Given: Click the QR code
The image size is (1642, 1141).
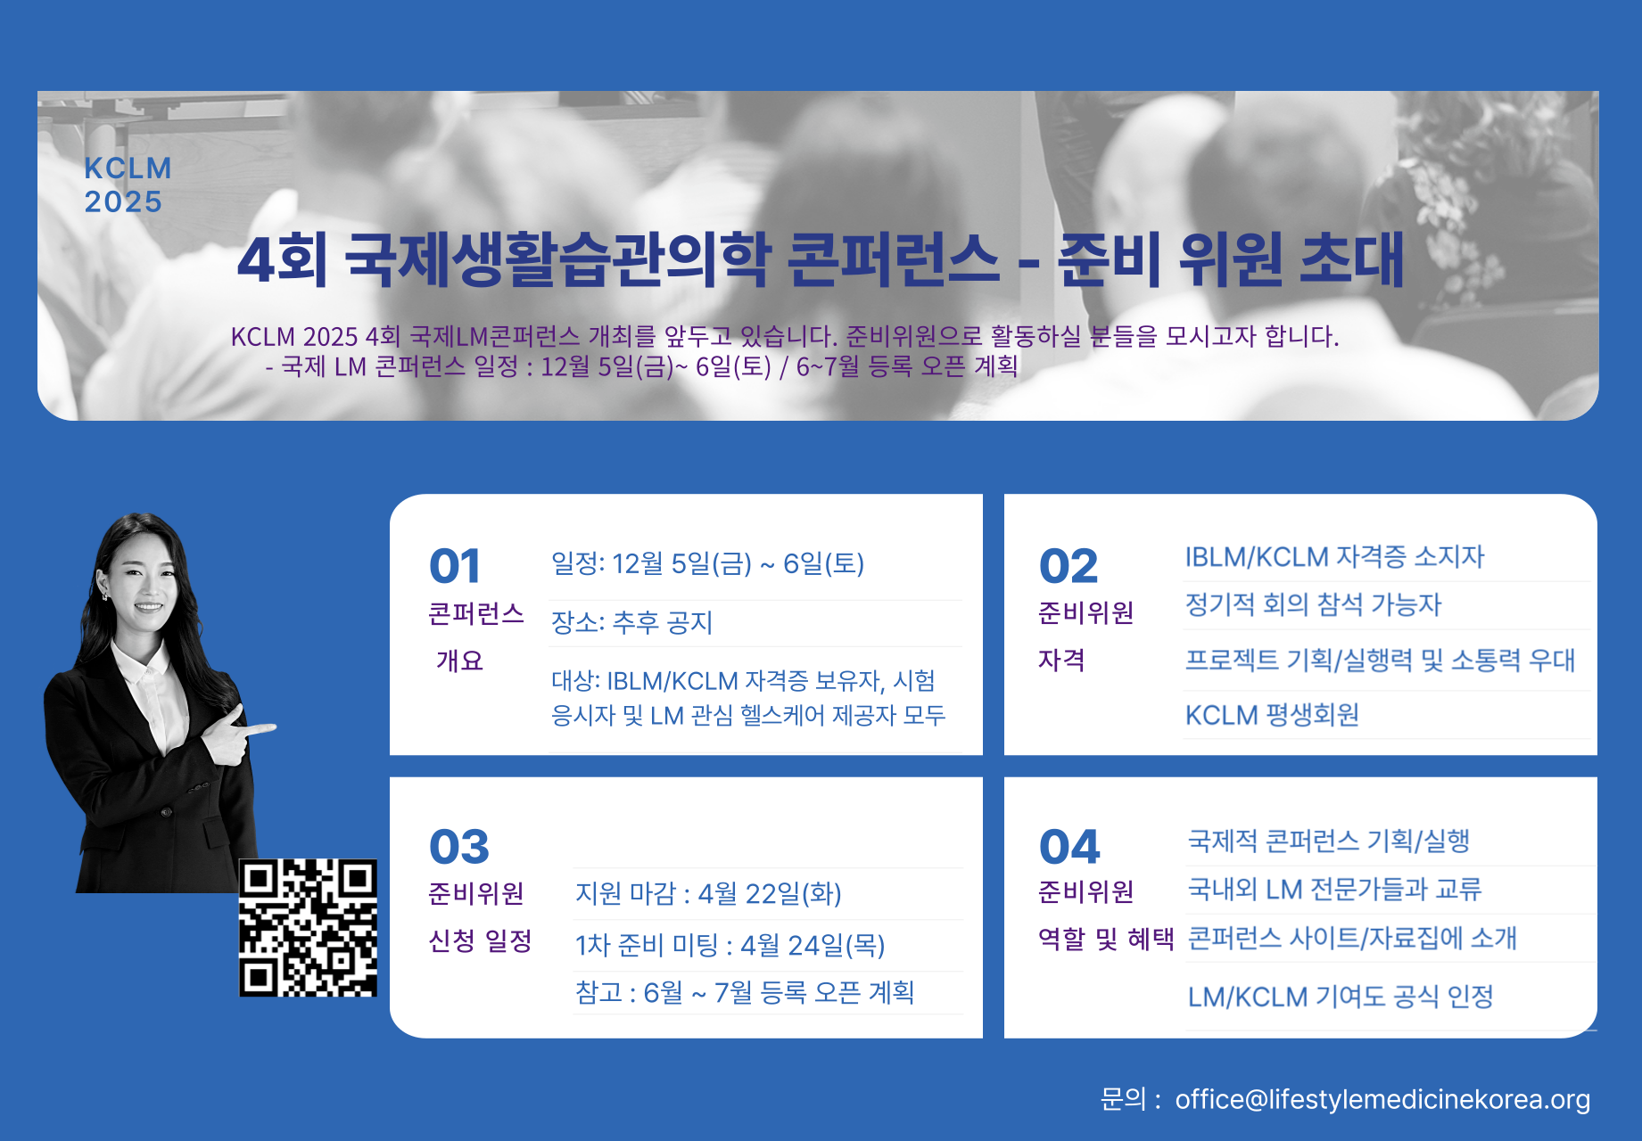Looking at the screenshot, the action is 309,927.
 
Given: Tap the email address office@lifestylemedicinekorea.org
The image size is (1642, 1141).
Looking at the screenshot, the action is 1382,1100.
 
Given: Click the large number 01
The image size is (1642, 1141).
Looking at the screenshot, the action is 455,566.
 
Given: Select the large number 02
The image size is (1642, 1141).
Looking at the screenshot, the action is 1069,566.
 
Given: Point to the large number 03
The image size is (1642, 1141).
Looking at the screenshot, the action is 459,847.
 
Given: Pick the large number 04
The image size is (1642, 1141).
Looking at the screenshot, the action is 1069,847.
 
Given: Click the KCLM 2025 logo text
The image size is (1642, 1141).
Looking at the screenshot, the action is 128,185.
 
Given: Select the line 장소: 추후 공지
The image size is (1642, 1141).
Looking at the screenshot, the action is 632,622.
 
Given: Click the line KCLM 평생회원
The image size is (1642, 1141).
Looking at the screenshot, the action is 1272,715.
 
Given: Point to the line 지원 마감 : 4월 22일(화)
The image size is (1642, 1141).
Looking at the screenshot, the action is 708,893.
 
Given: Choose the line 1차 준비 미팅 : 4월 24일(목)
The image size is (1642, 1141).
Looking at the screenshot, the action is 730,945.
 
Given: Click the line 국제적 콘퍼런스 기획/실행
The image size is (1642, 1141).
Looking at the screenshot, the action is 1329,841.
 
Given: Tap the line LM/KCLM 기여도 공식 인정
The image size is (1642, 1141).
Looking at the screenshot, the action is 1341,997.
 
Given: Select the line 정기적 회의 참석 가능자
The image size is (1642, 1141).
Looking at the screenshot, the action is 1313,604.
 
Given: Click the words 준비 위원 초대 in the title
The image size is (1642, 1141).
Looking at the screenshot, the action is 1232,259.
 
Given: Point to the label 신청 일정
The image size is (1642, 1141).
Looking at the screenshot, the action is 480,940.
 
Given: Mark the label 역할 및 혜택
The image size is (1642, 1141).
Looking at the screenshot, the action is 1106,939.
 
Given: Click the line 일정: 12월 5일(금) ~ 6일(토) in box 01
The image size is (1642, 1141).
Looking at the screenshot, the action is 707,563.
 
